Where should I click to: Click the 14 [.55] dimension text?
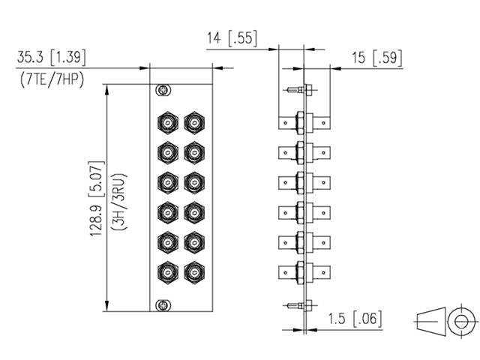[232, 38]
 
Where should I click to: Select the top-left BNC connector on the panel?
[166, 121]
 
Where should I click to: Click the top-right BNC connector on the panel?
[193, 121]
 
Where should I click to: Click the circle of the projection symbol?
[457, 320]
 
